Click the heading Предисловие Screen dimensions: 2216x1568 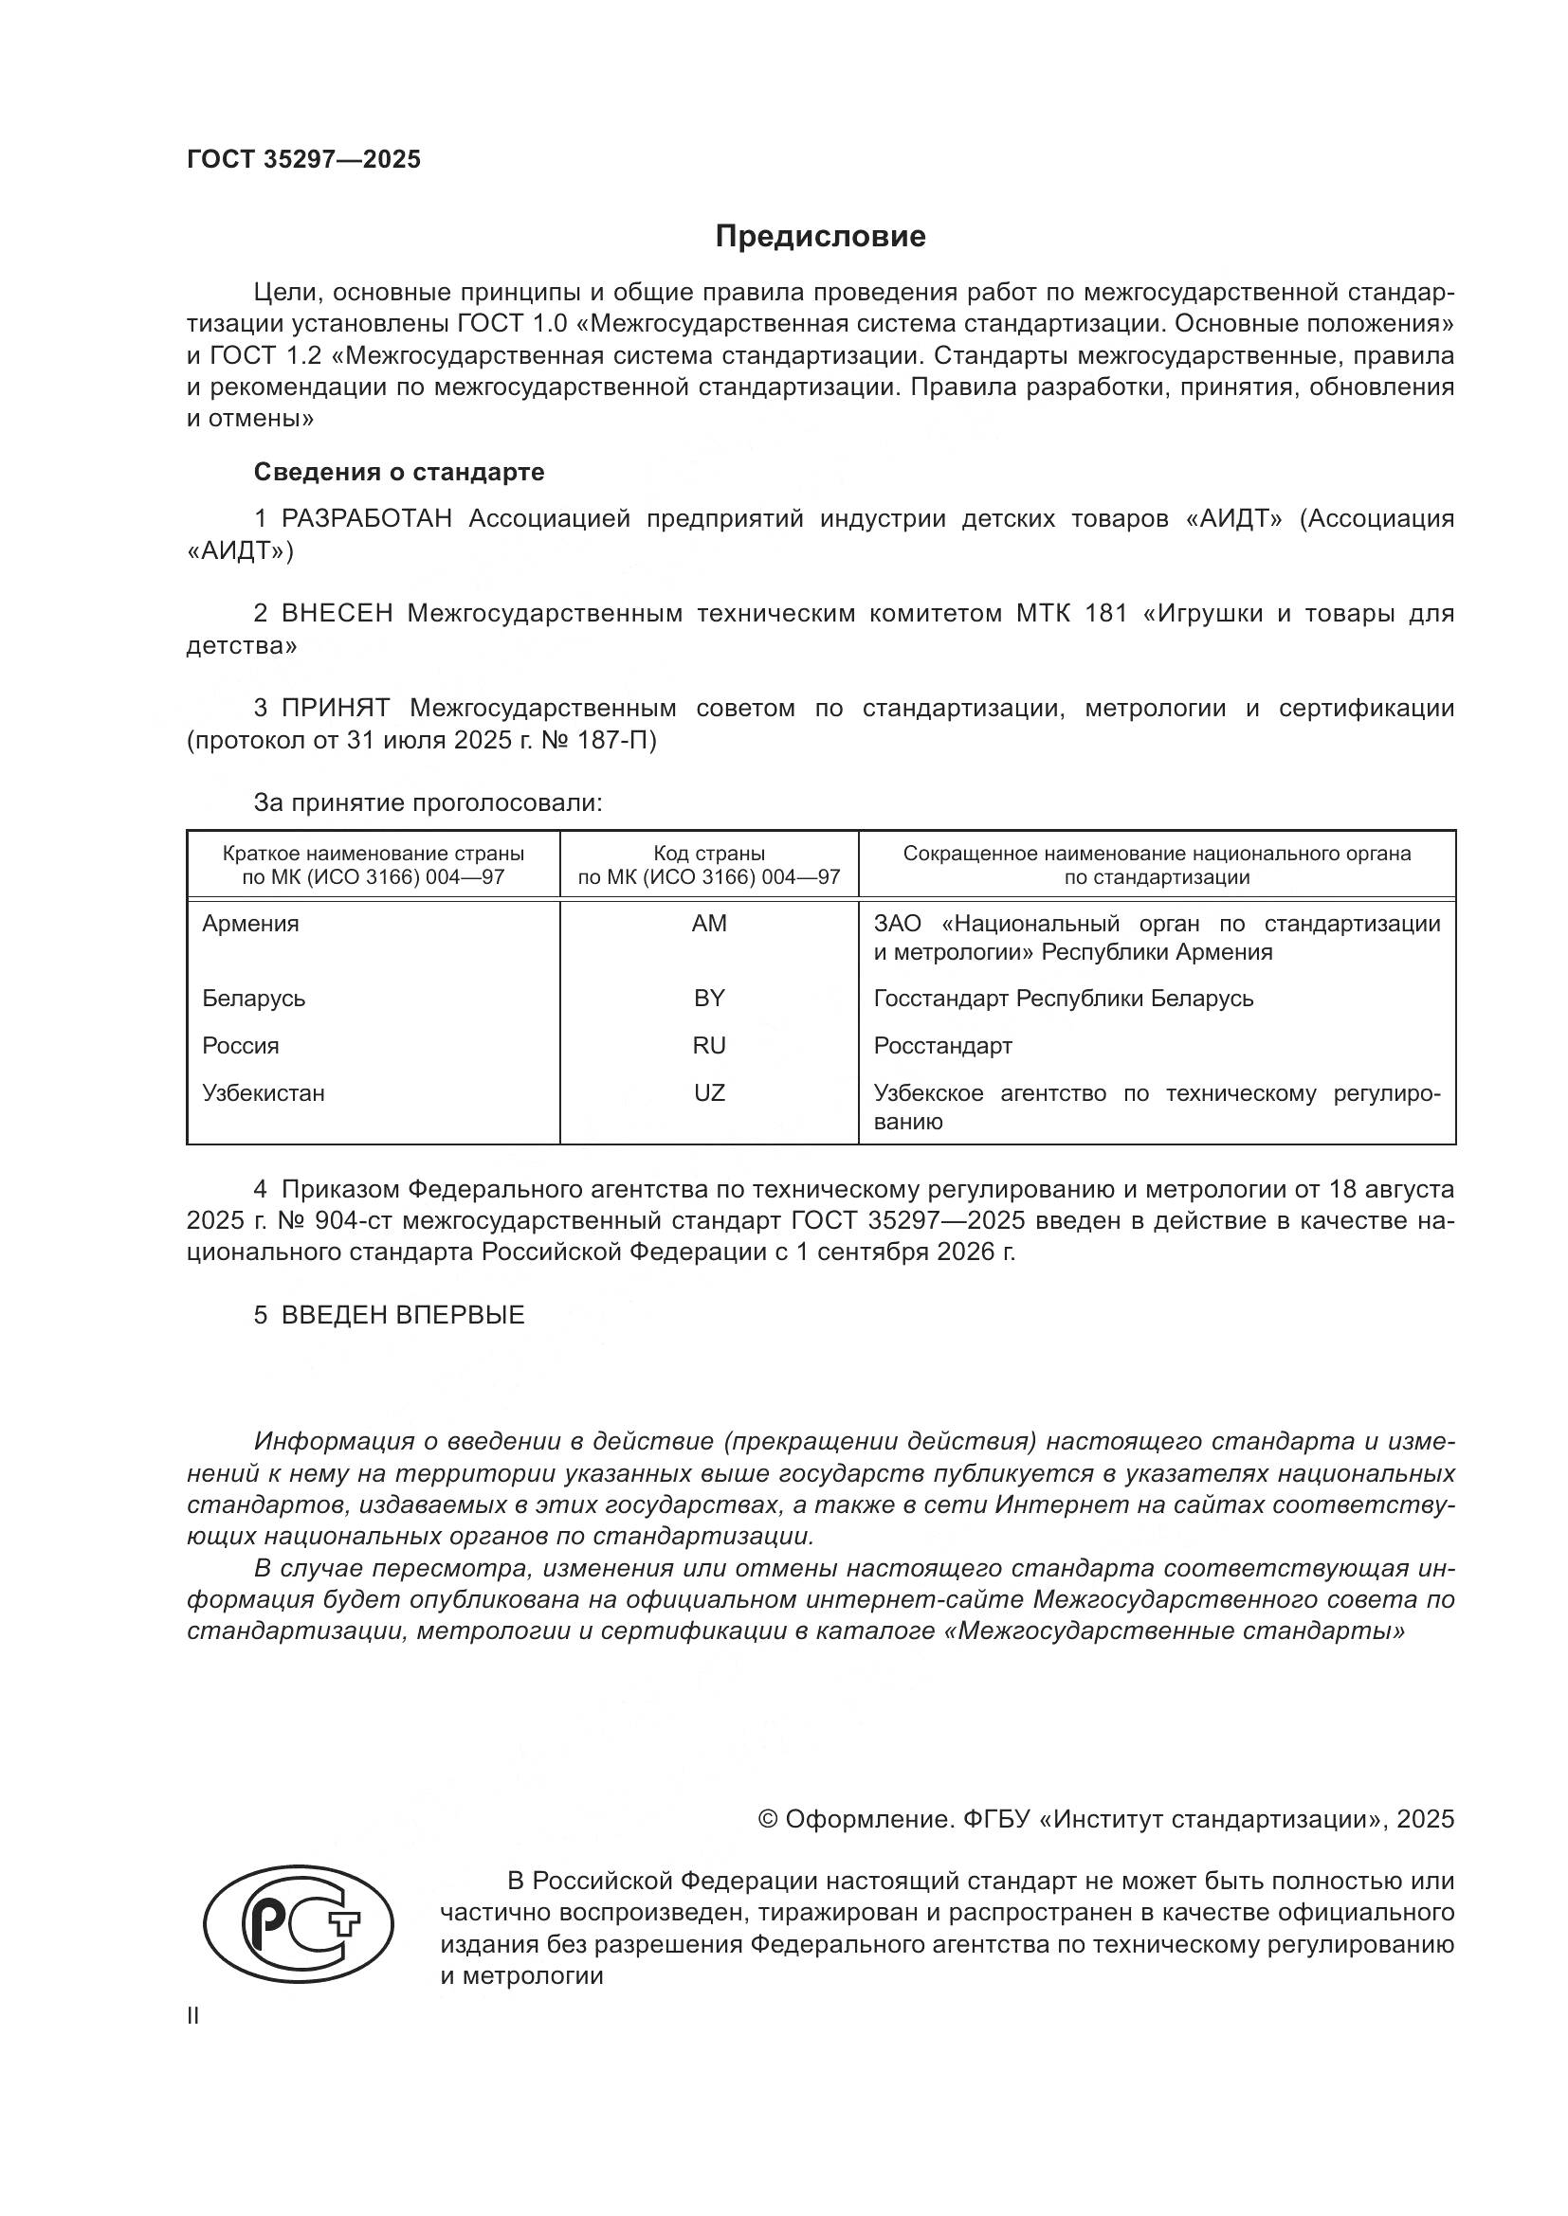pos(820,237)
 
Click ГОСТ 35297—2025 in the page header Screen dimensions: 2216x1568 pos(303,159)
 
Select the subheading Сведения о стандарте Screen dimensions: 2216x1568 pos(399,472)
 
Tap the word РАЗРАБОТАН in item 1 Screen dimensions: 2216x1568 pos(367,519)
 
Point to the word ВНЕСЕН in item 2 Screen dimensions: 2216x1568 pos(337,614)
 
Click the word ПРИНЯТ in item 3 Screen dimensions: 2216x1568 pos(336,709)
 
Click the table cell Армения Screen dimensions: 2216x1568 pos(250,924)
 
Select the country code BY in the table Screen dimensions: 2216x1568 pos(709,999)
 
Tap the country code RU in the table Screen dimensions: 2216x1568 pos(709,1046)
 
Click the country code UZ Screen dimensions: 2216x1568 pos(709,1093)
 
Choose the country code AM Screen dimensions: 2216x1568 pos(709,924)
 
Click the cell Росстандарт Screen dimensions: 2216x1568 pos(942,1046)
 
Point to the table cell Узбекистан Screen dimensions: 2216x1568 pos(263,1093)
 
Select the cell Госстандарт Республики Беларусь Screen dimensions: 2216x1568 pos(1063,999)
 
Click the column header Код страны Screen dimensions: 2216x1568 pos(709,855)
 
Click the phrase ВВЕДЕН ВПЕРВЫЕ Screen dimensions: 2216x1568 pos(403,1316)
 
